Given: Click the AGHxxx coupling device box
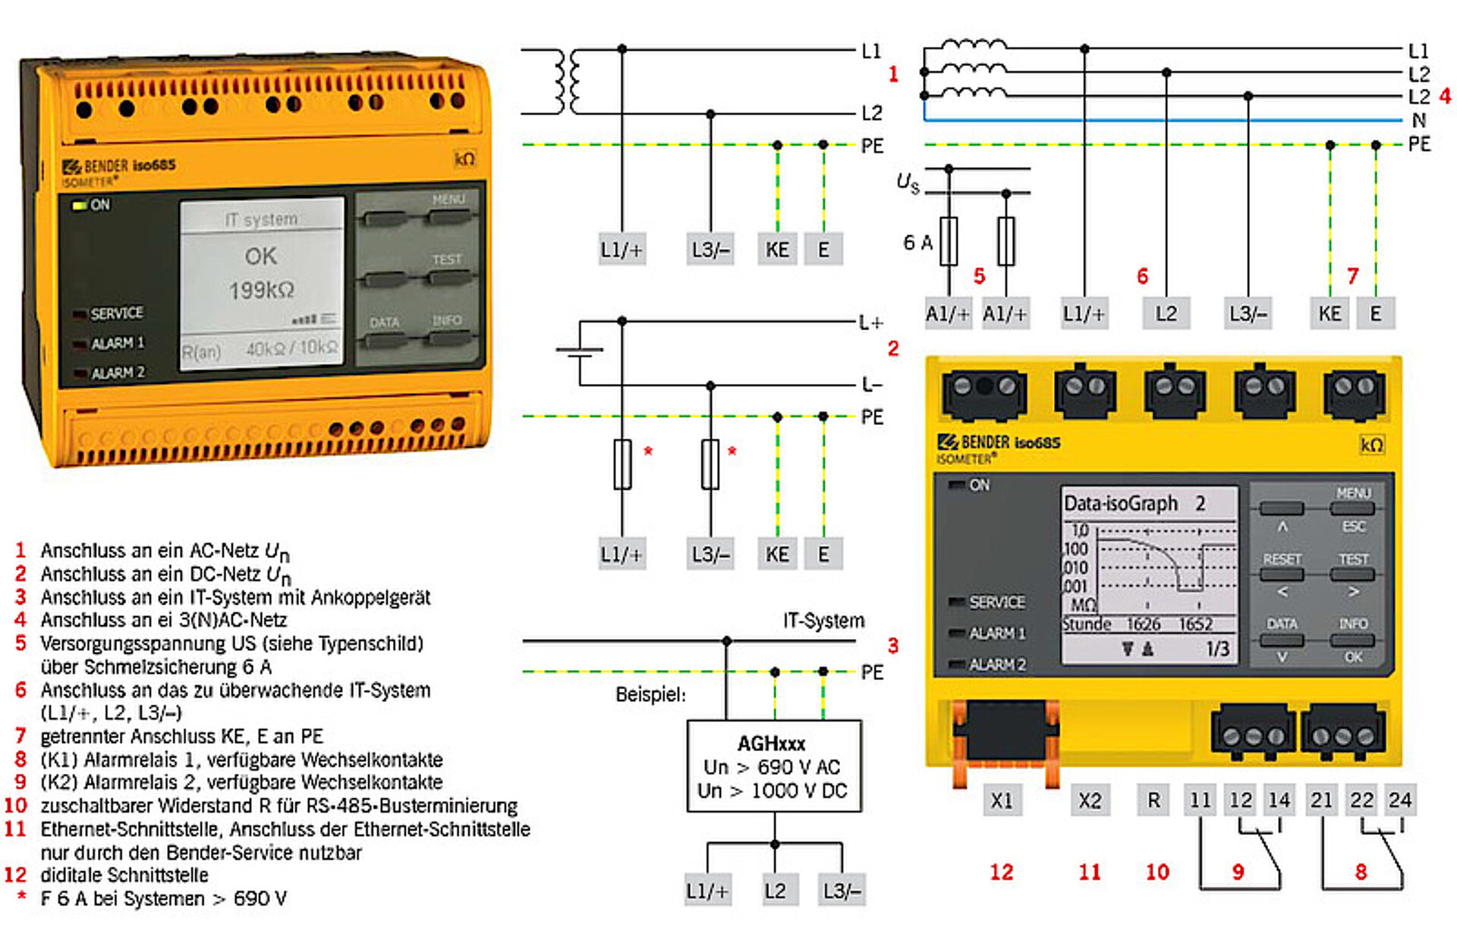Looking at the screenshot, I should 773,766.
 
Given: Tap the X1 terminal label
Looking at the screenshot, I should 1002,800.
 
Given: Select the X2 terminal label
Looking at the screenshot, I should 1090,800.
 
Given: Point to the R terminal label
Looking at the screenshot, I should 1154,800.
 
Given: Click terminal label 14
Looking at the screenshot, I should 1279,800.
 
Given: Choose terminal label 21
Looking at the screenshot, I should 1321,800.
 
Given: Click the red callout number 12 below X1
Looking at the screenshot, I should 1001,872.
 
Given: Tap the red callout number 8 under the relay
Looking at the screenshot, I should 1361,872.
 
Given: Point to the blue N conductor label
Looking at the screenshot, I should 1418,120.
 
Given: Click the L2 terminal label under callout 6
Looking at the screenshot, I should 1166,313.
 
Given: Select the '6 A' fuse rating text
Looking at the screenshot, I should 917,243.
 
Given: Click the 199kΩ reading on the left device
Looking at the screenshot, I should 261,290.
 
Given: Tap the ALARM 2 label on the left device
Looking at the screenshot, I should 118,373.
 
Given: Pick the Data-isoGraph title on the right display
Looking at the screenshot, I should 1121,503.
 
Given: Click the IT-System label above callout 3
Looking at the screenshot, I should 823,621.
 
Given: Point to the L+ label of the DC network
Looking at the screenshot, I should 871,322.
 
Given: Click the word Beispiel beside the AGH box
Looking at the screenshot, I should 650,694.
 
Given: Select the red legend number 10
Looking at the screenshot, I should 16,805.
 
